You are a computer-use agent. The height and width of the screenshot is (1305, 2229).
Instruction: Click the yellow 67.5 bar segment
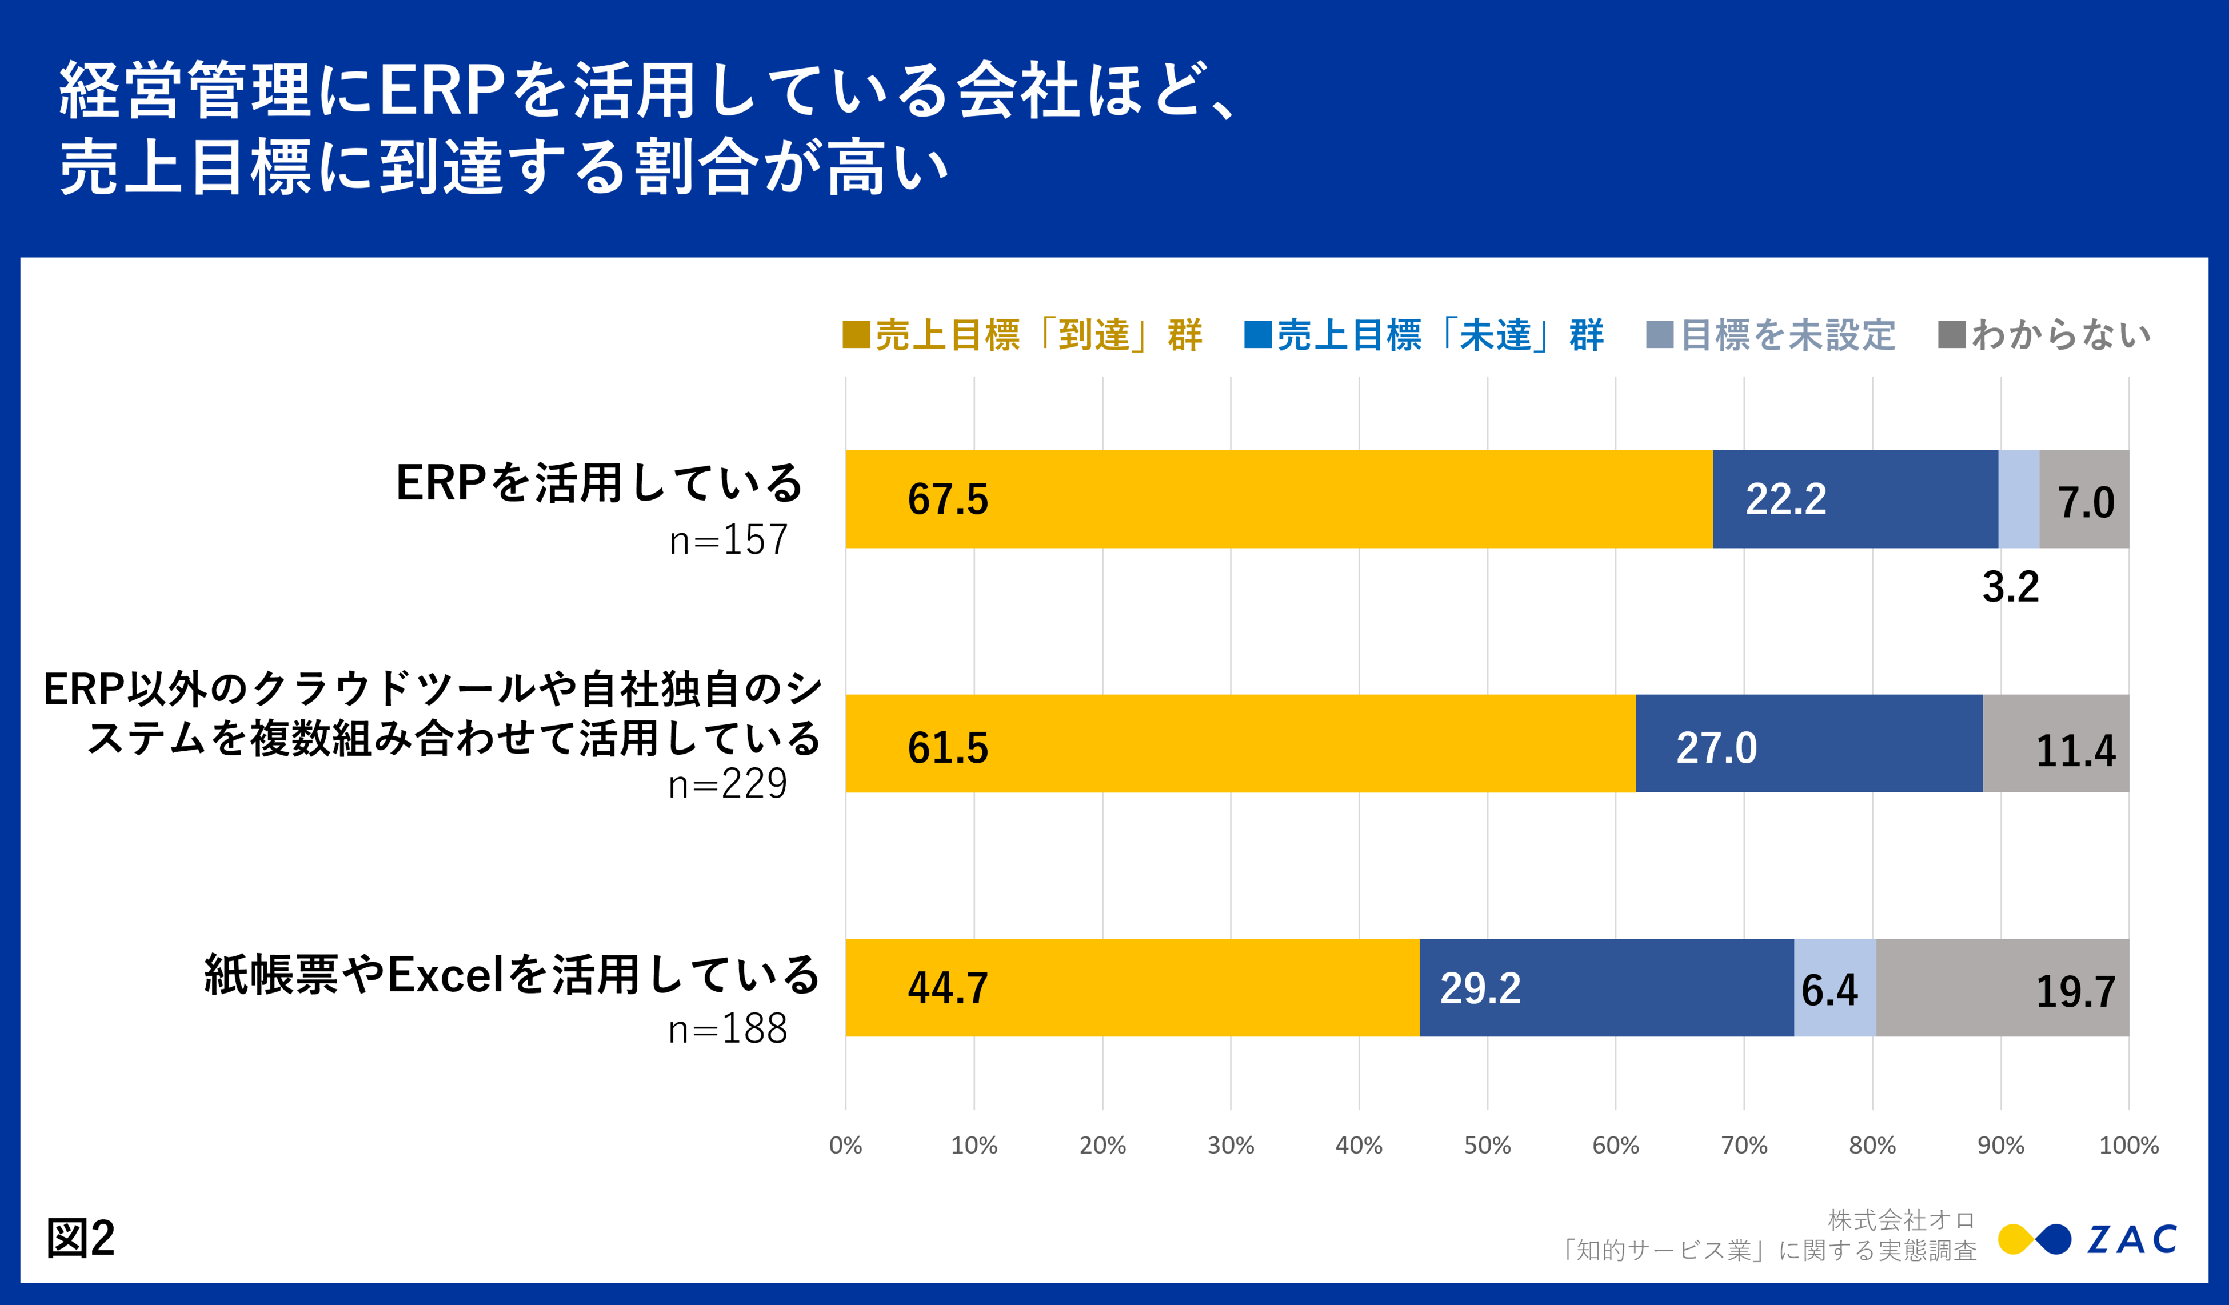tap(1278, 499)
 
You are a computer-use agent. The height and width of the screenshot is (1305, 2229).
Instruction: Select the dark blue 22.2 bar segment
tap(1855, 499)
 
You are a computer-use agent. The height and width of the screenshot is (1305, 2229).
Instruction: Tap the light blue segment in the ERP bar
tap(2019, 499)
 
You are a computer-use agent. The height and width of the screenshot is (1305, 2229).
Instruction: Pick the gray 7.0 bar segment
tap(2084, 499)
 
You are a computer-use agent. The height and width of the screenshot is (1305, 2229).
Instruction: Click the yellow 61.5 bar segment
tap(1240, 743)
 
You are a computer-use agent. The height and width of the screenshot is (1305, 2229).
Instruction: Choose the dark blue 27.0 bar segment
tap(1809, 743)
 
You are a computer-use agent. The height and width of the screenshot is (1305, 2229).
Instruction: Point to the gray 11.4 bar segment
tap(2056, 743)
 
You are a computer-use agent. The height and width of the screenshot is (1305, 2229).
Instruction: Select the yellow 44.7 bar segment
tap(1132, 987)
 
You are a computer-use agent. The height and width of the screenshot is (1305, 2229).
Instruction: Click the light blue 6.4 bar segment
tap(1835, 987)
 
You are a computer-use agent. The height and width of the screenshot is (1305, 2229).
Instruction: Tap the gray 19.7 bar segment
tap(2003, 987)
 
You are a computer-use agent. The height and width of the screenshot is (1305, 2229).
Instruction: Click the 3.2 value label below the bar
tap(2011, 587)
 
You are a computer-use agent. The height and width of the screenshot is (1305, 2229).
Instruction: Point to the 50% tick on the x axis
tap(1487, 1146)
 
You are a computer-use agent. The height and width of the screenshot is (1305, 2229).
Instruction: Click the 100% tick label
tap(2128, 1146)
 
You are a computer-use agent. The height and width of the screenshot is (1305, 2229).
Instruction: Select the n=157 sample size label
tap(728, 540)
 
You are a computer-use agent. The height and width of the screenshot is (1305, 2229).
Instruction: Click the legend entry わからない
tap(2044, 335)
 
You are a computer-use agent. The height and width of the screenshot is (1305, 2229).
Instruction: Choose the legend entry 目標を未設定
tap(1770, 335)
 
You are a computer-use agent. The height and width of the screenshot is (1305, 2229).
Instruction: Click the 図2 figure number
tap(81, 1238)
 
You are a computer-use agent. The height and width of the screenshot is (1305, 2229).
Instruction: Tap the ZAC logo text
tap(2132, 1239)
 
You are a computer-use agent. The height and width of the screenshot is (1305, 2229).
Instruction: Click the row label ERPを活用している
tap(599, 483)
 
